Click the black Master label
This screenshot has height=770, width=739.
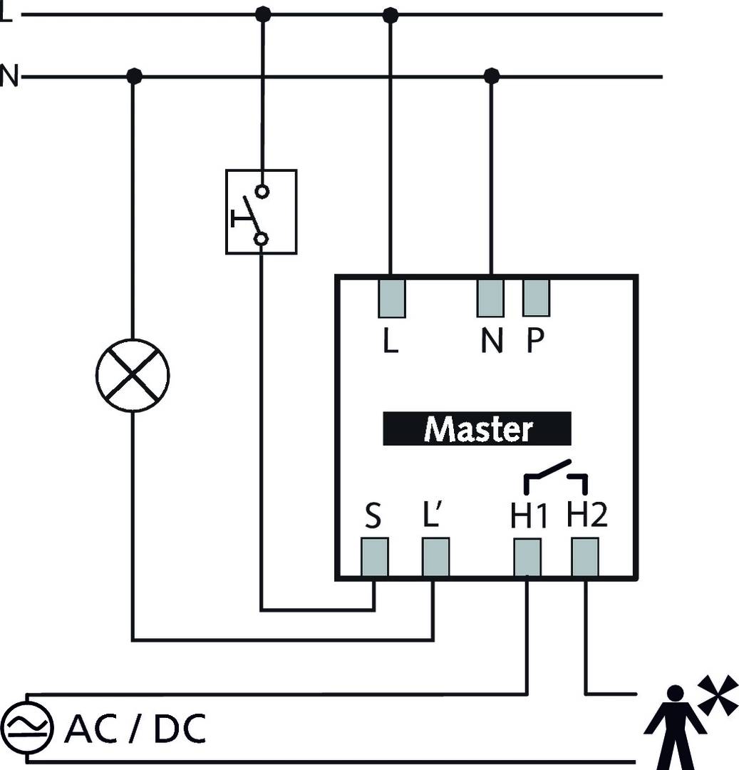(477, 428)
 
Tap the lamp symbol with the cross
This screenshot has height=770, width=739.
(132, 375)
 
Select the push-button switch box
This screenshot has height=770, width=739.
(261, 212)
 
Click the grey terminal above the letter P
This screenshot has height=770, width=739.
(536, 297)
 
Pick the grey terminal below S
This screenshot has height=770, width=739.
(374, 557)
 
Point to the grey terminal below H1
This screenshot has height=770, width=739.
(527, 557)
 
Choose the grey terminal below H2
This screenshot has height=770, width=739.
(585, 557)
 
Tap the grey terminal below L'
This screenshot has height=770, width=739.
(435, 557)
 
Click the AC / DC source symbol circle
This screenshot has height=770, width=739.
(27, 727)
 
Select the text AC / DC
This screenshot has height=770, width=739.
(135, 728)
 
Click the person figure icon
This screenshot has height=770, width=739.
(673, 727)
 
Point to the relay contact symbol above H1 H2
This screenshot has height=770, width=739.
(556, 478)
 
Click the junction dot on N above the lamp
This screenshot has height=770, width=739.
(133, 75)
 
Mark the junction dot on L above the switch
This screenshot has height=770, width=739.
(263, 14)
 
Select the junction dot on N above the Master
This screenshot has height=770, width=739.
(491, 75)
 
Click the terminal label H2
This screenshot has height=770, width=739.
(587, 515)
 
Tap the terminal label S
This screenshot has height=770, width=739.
(373, 516)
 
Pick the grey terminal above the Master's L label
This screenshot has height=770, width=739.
(391, 297)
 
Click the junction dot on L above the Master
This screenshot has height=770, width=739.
(391, 14)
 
